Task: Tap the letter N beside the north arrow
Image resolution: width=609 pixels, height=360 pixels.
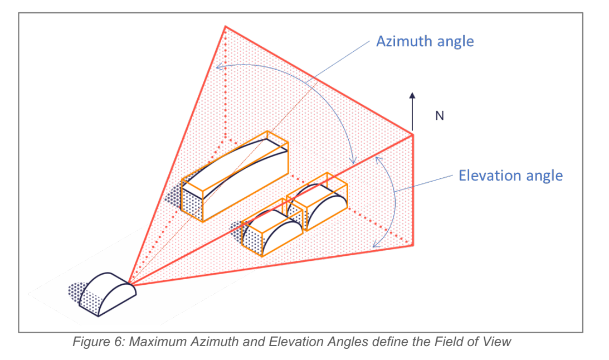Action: [x=439, y=116]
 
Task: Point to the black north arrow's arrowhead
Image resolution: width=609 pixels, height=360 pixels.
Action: [x=412, y=96]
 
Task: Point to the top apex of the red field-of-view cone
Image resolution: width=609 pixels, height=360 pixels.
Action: [x=225, y=26]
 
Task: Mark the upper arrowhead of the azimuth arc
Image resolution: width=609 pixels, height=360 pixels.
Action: [x=218, y=66]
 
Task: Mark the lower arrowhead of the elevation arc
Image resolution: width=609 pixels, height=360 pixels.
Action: [x=375, y=245]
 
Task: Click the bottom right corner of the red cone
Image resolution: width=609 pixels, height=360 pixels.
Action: [x=413, y=245]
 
